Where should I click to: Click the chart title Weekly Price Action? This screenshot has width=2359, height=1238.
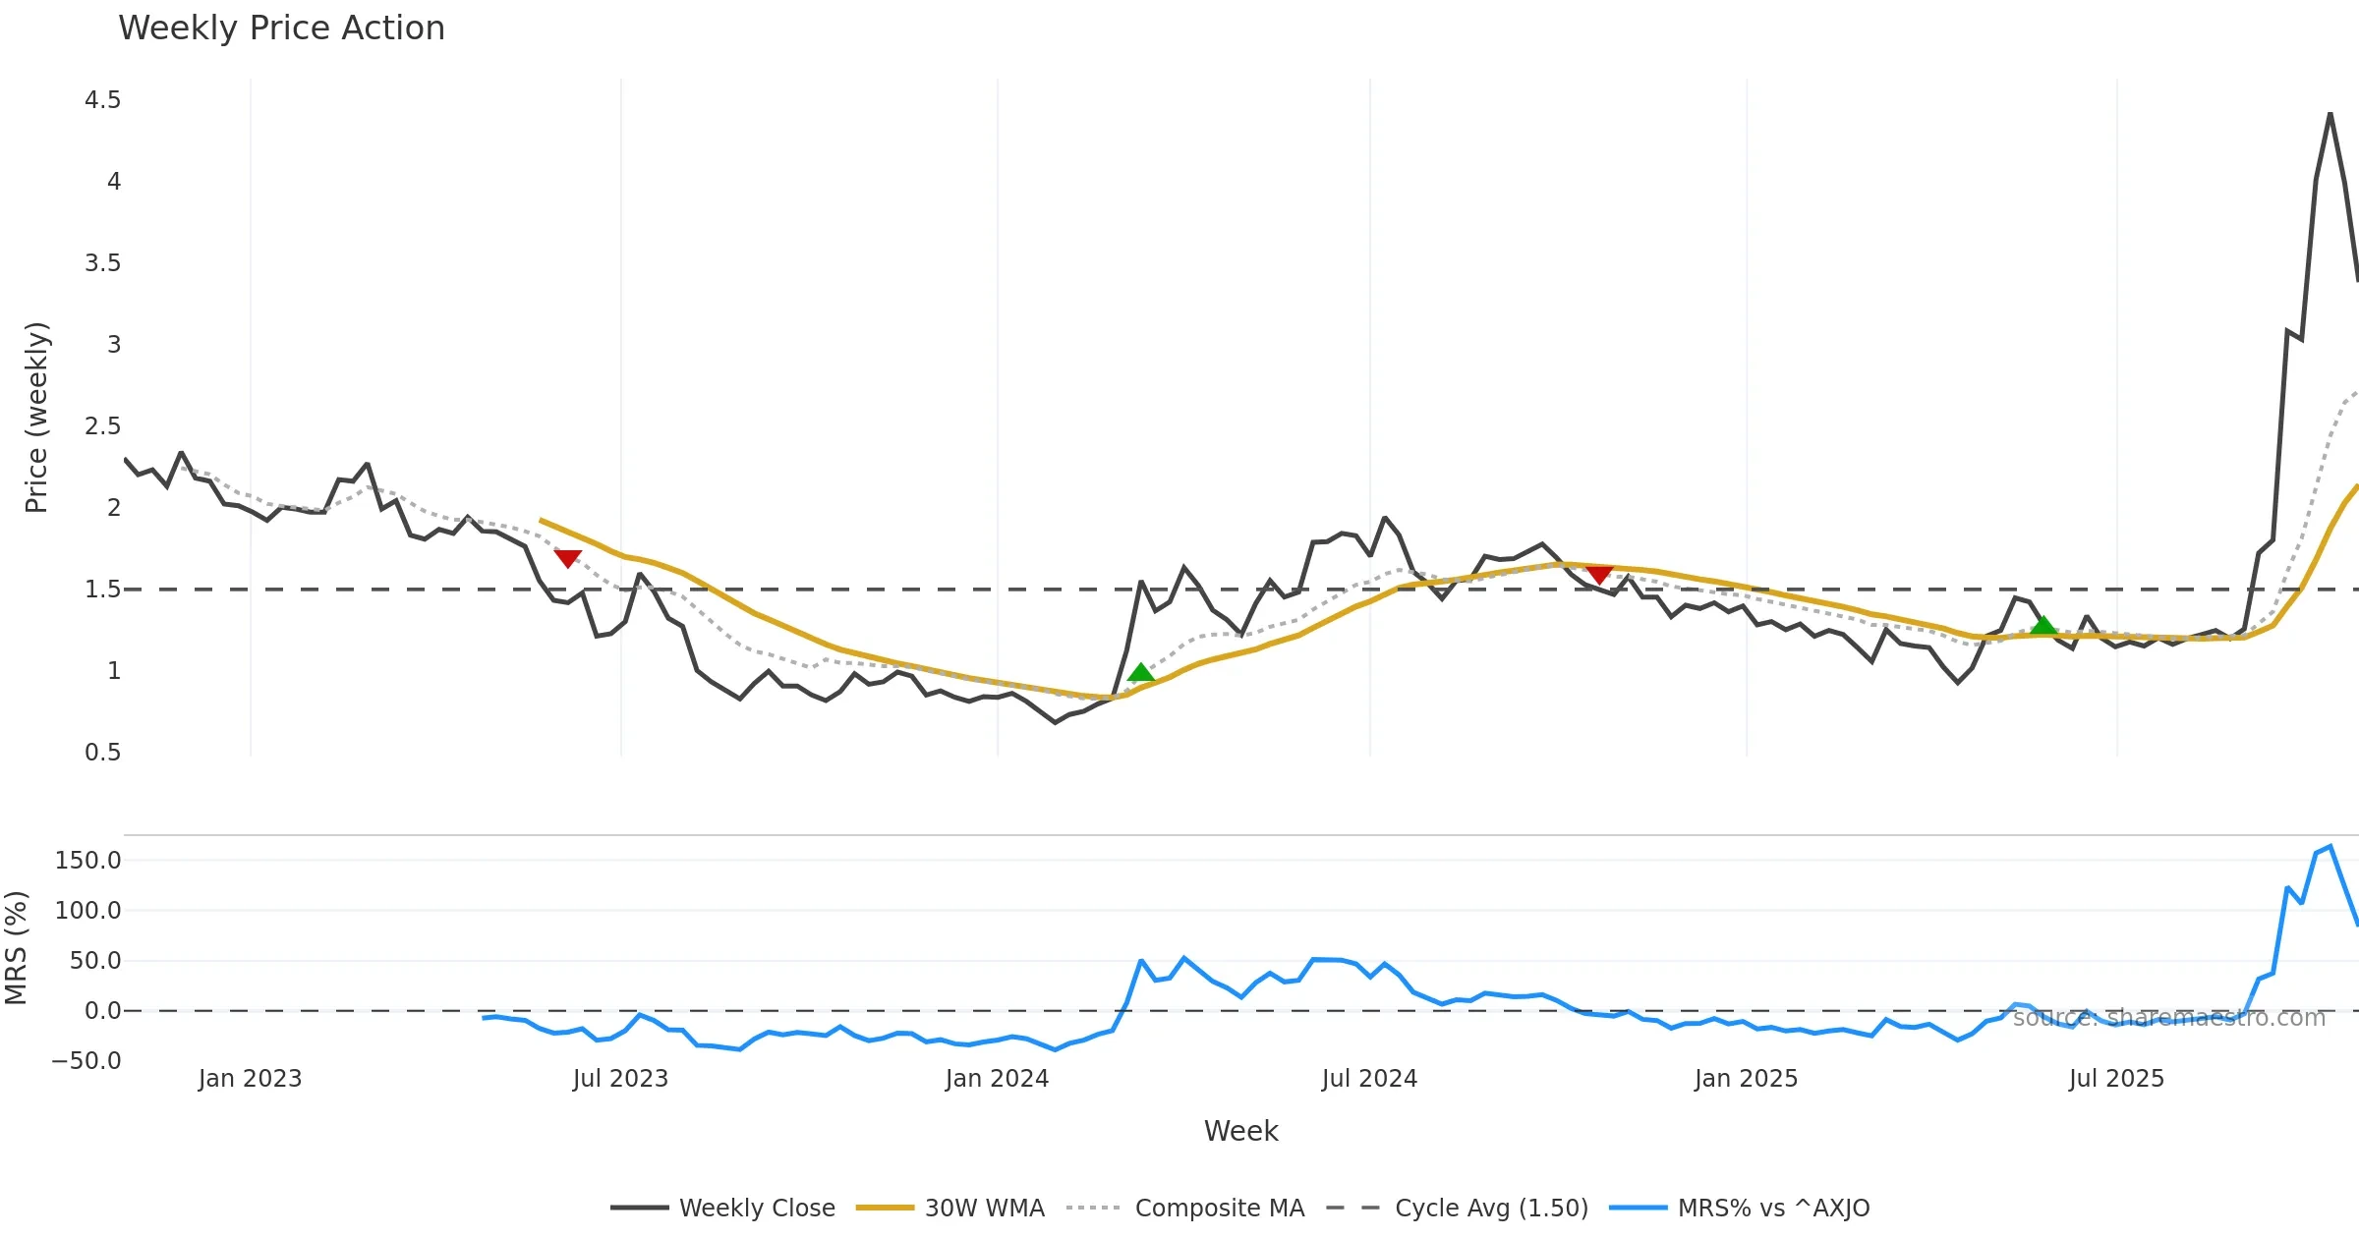tap(281, 28)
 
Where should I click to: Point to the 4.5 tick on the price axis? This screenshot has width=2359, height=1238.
tap(103, 100)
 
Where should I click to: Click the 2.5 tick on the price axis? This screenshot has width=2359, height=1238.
tap(103, 426)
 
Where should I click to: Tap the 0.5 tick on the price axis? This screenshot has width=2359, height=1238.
tap(103, 753)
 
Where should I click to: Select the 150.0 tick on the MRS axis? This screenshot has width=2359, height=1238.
tap(88, 861)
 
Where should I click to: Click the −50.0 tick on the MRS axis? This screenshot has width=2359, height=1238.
tap(86, 1061)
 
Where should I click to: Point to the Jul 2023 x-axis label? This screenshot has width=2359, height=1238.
tap(620, 1079)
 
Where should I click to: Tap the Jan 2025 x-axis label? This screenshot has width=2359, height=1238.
tap(1746, 1079)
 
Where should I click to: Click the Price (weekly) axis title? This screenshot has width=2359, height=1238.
tap(36, 418)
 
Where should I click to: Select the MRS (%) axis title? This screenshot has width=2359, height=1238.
tap(16, 948)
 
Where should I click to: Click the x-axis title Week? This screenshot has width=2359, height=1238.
tap(1240, 1132)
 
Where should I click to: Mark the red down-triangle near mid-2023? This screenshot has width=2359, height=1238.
tap(567, 558)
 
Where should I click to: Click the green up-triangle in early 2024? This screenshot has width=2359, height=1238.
tap(1140, 673)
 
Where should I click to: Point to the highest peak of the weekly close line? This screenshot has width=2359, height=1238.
tap(2330, 114)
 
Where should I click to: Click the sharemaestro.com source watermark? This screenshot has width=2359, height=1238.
tap(2168, 1018)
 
